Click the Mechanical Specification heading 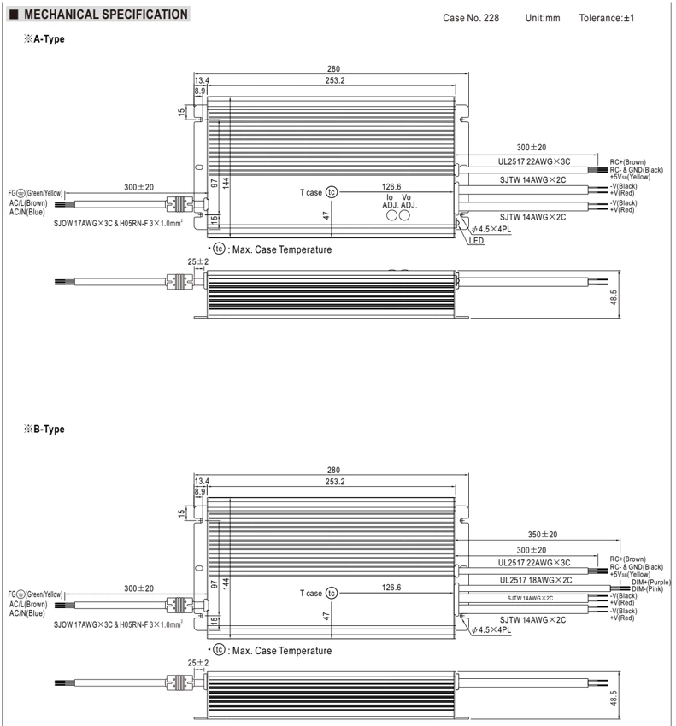[106, 15]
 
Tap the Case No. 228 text [471, 18]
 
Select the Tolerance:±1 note [607, 18]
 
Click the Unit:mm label [543, 18]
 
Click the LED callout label [476, 241]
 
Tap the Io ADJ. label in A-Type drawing [390, 202]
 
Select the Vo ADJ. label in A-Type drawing [409, 202]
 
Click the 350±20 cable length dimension [543, 535]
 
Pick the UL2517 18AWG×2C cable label [536, 580]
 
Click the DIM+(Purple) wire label [651, 582]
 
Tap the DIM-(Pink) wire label [647, 589]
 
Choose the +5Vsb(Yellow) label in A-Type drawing [630, 177]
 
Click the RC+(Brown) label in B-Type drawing [627, 559]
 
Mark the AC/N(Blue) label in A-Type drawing [26, 212]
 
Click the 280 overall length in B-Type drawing [333, 470]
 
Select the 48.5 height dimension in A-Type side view [614, 297]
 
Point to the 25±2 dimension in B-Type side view [197, 663]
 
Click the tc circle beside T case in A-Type [332, 192]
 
